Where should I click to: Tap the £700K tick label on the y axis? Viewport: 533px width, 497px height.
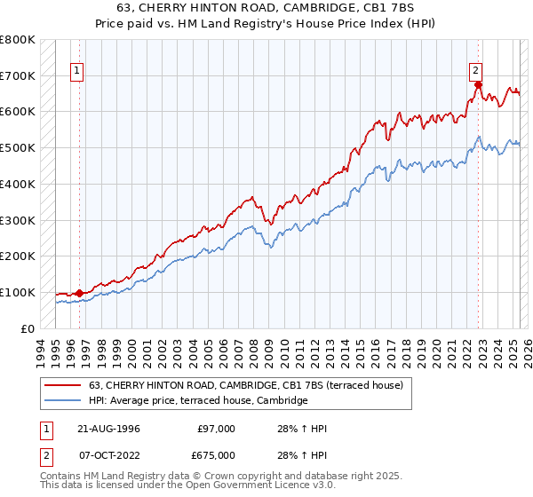[x=18, y=75]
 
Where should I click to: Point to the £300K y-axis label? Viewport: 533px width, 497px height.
[x=18, y=220]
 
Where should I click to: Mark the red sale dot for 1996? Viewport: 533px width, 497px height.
[x=79, y=293]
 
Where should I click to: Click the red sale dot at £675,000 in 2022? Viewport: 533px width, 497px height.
[x=478, y=85]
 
